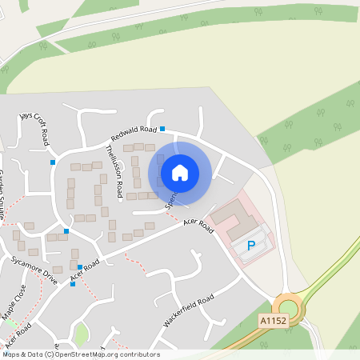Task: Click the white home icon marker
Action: click(x=180, y=172)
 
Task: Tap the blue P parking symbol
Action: click(x=251, y=246)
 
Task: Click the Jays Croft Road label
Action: click(x=36, y=128)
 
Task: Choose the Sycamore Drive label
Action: click(x=34, y=272)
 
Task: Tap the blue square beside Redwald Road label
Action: click(x=162, y=128)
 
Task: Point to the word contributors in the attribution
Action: click(x=138, y=354)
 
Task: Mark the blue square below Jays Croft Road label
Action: click(x=53, y=162)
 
